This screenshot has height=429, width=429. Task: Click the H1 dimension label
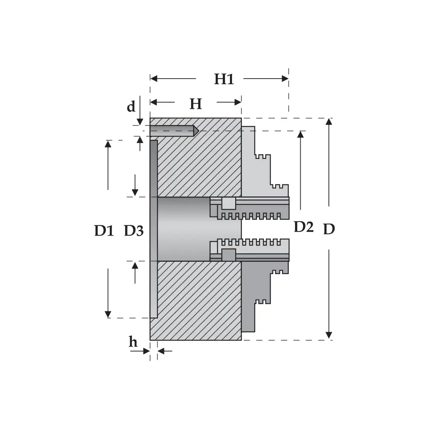tap(224, 79)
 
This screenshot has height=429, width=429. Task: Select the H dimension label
tap(195, 104)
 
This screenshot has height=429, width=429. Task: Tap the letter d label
tap(131, 106)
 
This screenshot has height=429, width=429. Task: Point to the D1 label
tap(104, 231)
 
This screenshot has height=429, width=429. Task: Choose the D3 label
tap(134, 231)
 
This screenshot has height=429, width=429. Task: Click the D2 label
tap(304, 227)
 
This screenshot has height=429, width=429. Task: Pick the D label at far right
tap(329, 229)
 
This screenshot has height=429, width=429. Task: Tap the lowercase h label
tap(133, 342)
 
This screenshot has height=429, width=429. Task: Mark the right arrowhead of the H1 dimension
tap(285, 79)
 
